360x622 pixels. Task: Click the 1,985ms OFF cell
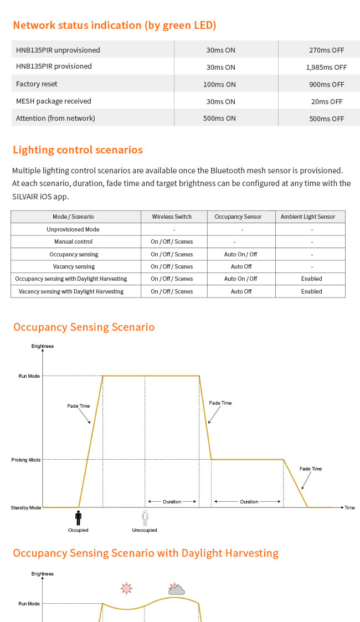pos(326,67)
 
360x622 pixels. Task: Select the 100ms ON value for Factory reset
pos(220,84)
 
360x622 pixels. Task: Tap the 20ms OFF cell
pos(327,101)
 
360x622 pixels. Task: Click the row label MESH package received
pos(54,101)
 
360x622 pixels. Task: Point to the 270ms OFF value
pos(327,50)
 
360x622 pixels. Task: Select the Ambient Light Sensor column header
pos(308,217)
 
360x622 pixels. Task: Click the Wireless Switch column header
pos(172,217)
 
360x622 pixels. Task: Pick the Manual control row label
pos(74,241)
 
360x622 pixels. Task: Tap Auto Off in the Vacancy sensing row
pos(241,266)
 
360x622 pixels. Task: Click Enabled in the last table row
pos(311,291)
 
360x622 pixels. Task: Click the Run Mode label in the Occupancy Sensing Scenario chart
pos(29,376)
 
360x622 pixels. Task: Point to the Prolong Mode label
pos(26,460)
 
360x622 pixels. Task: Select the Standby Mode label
pos(26,507)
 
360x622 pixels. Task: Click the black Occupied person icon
pos(78,518)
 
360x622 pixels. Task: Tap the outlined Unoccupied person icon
pos(145,518)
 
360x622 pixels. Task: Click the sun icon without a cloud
pos(127,588)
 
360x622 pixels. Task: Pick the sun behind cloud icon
pos(176,589)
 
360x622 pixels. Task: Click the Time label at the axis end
pos(349,507)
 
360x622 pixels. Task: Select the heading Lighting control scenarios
pos(78,150)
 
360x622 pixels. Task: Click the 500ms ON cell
pos(220,119)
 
